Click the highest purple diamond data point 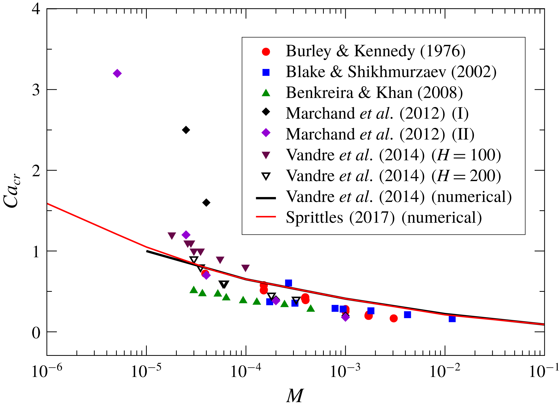click(117, 73)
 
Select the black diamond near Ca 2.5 click(186, 130)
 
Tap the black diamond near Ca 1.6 click(206, 202)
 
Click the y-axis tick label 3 click(36, 90)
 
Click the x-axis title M click(295, 396)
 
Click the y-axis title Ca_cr click(12, 191)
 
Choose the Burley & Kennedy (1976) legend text click(375, 51)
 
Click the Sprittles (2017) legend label click(384, 217)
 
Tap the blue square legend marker click(266, 72)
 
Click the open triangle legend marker click(266, 177)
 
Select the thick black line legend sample click(266, 198)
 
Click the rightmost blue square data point click(452, 319)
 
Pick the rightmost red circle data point click(394, 318)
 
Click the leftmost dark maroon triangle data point click(172, 235)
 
